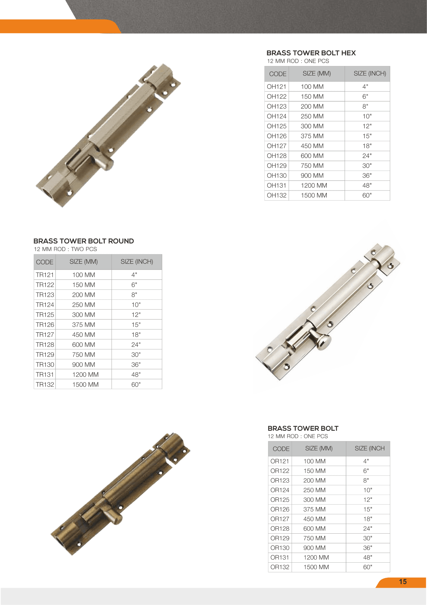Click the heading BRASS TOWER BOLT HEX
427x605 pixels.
(x=311, y=53)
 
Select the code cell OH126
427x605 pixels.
(x=277, y=136)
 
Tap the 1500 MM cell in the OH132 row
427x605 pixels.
(x=314, y=195)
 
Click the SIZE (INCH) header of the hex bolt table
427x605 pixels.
(x=370, y=74)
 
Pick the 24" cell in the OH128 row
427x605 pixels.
(x=367, y=156)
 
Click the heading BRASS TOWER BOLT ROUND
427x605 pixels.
(x=84, y=241)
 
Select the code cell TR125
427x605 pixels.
(x=45, y=315)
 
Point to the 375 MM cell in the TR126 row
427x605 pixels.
(x=84, y=325)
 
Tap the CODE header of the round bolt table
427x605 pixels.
(x=45, y=262)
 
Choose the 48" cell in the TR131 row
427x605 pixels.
(x=136, y=375)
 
